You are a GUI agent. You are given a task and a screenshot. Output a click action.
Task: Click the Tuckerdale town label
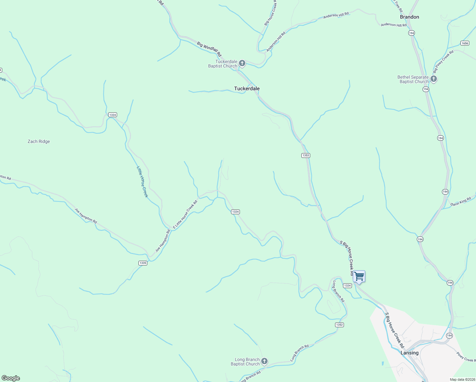247,88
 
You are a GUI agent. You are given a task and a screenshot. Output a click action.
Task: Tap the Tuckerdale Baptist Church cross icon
242,63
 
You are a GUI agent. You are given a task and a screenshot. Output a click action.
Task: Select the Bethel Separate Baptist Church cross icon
433,79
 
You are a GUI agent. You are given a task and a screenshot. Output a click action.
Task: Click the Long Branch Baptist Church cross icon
264,361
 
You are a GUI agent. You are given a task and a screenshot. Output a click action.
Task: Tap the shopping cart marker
359,276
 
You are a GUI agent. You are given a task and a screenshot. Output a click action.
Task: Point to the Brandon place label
409,17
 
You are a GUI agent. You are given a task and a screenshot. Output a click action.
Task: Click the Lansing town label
409,353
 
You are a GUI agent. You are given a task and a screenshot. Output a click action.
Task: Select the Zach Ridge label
39,141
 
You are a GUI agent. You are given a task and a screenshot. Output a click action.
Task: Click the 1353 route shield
305,155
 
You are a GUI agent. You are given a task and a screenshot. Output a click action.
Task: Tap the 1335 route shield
143,263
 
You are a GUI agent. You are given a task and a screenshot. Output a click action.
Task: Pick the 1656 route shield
465,43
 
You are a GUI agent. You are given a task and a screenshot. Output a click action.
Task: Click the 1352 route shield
339,325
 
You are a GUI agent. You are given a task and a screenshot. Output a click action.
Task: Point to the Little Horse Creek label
143,182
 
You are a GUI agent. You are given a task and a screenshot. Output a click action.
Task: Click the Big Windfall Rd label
209,49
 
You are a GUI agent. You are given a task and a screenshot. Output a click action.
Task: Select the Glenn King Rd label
461,202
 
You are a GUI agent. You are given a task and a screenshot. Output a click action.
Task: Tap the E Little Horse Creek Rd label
185,215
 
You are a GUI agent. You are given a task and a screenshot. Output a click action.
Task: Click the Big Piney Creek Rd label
443,61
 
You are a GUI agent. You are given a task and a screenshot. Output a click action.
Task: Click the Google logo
11,378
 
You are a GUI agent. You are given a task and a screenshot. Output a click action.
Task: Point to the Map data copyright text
462,379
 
